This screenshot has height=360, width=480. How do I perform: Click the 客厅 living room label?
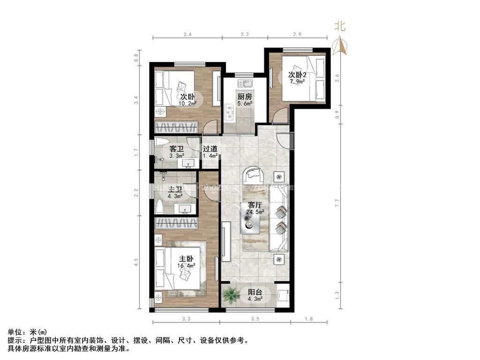point(255,205)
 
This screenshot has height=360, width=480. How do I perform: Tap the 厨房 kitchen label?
point(244,97)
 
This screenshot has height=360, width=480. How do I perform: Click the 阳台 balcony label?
point(255,291)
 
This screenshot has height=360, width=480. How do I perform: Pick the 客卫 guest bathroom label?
point(176,149)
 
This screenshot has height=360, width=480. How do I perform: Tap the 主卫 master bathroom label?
point(176,189)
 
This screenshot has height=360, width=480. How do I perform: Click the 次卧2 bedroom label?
point(297,75)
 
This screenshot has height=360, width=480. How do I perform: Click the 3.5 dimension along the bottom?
point(255,320)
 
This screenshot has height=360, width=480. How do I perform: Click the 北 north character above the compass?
point(340,27)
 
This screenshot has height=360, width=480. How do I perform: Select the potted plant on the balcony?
point(230,295)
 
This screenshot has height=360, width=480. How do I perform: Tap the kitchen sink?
point(244,83)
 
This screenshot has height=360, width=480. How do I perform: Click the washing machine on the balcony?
point(283,295)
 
